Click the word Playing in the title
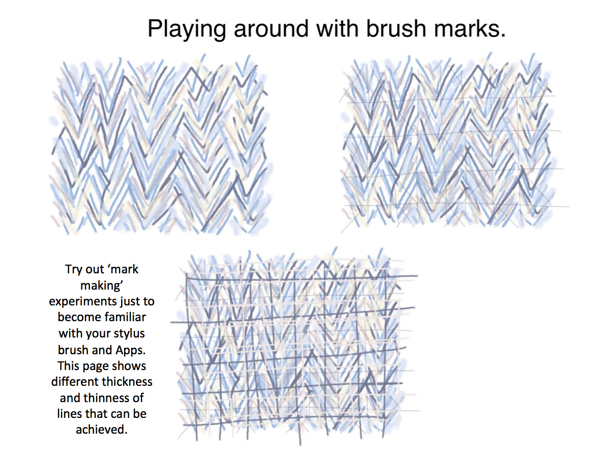pos(187,30)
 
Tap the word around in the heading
pos(271,29)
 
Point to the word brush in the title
pos(396,29)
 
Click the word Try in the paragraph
pos(74,269)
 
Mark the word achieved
pos(102,429)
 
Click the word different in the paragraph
pos(74,381)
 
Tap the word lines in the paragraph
pos(69,413)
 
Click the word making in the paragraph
pos(102,286)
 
